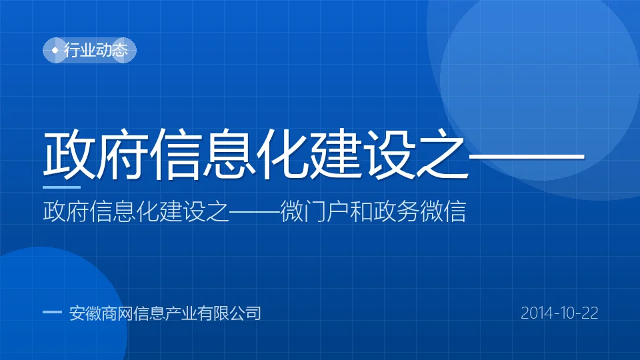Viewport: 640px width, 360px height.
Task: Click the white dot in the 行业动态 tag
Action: (x=55, y=50)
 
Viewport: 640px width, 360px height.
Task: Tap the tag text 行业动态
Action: (x=96, y=50)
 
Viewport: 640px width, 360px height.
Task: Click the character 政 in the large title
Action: (x=67, y=154)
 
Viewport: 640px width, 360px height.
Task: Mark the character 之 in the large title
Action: (x=443, y=154)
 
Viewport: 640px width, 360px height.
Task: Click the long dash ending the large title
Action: (x=527, y=156)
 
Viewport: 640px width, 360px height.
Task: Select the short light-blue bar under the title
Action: (x=61, y=187)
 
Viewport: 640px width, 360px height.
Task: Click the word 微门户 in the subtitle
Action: (x=314, y=211)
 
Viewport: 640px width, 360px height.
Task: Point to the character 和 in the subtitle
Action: (x=361, y=211)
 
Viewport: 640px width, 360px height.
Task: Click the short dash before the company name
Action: (x=52, y=312)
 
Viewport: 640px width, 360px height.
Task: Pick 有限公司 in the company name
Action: (x=229, y=313)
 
